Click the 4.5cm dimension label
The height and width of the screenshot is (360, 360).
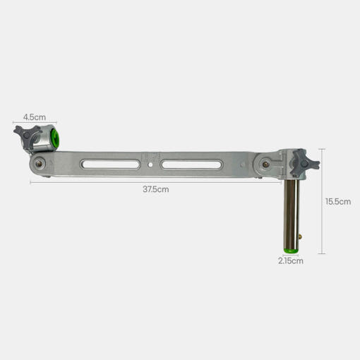35,117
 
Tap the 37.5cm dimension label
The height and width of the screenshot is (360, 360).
156,189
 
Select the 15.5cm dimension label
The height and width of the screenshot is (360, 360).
338,201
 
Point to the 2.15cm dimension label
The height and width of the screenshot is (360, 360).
291,261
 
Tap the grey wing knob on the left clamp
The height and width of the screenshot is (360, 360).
27,135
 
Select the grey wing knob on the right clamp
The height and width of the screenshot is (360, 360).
304,163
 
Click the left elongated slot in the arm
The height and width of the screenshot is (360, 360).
110,164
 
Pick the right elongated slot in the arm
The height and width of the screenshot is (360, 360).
191,164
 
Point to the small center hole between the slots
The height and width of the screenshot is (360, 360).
150,165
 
